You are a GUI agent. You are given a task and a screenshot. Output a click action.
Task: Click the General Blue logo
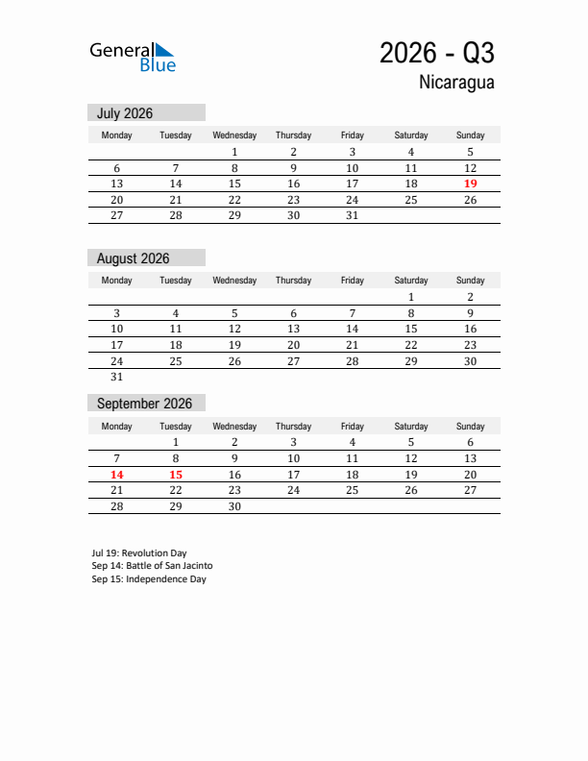tap(133, 57)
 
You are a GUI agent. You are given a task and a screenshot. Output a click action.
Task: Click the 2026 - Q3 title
tap(437, 53)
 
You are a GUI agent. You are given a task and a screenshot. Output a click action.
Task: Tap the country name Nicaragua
tap(456, 83)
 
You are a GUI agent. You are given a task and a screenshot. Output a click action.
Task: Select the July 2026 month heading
tap(125, 113)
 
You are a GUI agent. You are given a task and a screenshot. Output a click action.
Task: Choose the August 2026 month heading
tap(133, 258)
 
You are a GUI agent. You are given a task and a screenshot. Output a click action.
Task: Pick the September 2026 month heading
tap(144, 404)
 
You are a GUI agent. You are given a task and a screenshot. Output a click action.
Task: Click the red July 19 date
tap(470, 184)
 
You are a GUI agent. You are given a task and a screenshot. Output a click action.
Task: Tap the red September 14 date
tap(116, 475)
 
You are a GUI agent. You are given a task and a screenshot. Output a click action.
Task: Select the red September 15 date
tap(176, 475)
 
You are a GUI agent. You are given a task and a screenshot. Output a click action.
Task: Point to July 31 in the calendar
tap(352, 216)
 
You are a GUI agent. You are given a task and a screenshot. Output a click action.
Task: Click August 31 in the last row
tap(116, 378)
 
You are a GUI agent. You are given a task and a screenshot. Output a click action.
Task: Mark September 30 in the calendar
tap(234, 506)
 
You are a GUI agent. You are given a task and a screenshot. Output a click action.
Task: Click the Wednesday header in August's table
tap(234, 281)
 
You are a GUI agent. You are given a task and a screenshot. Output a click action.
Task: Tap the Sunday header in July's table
tap(470, 135)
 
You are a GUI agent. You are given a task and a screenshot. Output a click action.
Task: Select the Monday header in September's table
tap(116, 427)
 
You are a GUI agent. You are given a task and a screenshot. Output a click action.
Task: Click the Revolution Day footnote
tap(139, 553)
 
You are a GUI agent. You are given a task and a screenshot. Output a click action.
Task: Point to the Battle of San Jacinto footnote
tap(152, 566)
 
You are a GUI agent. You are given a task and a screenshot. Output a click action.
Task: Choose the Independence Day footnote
tap(149, 579)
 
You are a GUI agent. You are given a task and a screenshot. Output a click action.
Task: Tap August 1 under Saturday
tap(411, 297)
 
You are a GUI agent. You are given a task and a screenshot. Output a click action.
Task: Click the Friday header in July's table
tap(352, 135)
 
